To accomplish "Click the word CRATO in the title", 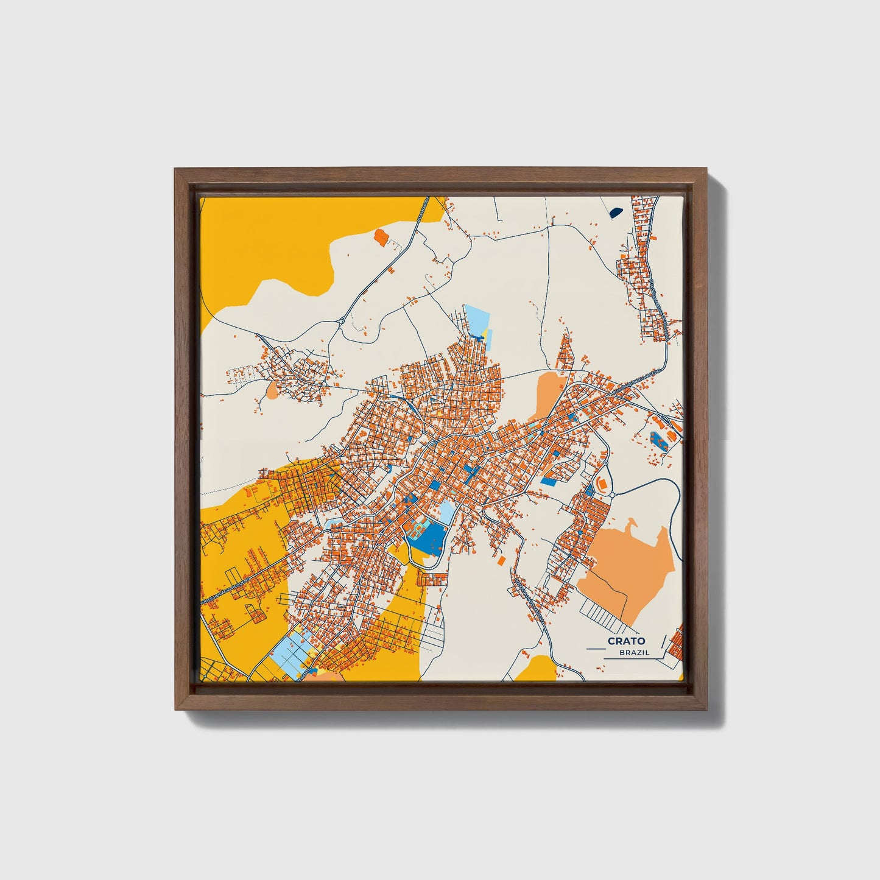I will (x=626, y=641).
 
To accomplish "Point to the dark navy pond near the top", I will (x=615, y=213).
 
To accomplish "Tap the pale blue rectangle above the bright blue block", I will (x=446, y=513).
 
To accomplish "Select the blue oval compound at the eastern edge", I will (x=658, y=439).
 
